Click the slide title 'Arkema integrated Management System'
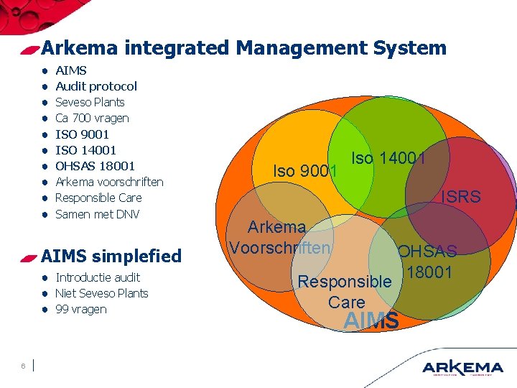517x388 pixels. coord(244,48)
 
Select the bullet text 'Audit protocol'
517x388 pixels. coord(96,86)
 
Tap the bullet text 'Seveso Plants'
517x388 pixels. coord(90,102)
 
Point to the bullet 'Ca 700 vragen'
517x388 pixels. coord(92,118)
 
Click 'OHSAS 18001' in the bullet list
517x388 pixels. coord(95,166)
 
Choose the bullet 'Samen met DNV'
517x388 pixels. coord(97,214)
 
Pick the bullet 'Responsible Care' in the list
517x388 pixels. coord(98,198)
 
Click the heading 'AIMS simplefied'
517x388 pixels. coord(111,256)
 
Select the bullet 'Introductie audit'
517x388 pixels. coord(98,277)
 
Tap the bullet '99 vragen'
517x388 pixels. coord(80,309)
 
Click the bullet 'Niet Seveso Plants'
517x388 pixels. coord(101,293)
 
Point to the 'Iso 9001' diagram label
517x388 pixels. coord(305,171)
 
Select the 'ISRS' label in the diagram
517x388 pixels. coord(461,196)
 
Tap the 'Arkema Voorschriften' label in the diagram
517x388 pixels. coord(279,238)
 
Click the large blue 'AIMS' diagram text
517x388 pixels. coord(371,321)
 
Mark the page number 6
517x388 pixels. coord(24,366)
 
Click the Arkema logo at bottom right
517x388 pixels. coord(462,366)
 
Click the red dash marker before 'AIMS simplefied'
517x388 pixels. coord(29,257)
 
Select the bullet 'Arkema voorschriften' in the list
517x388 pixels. coord(109,182)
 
